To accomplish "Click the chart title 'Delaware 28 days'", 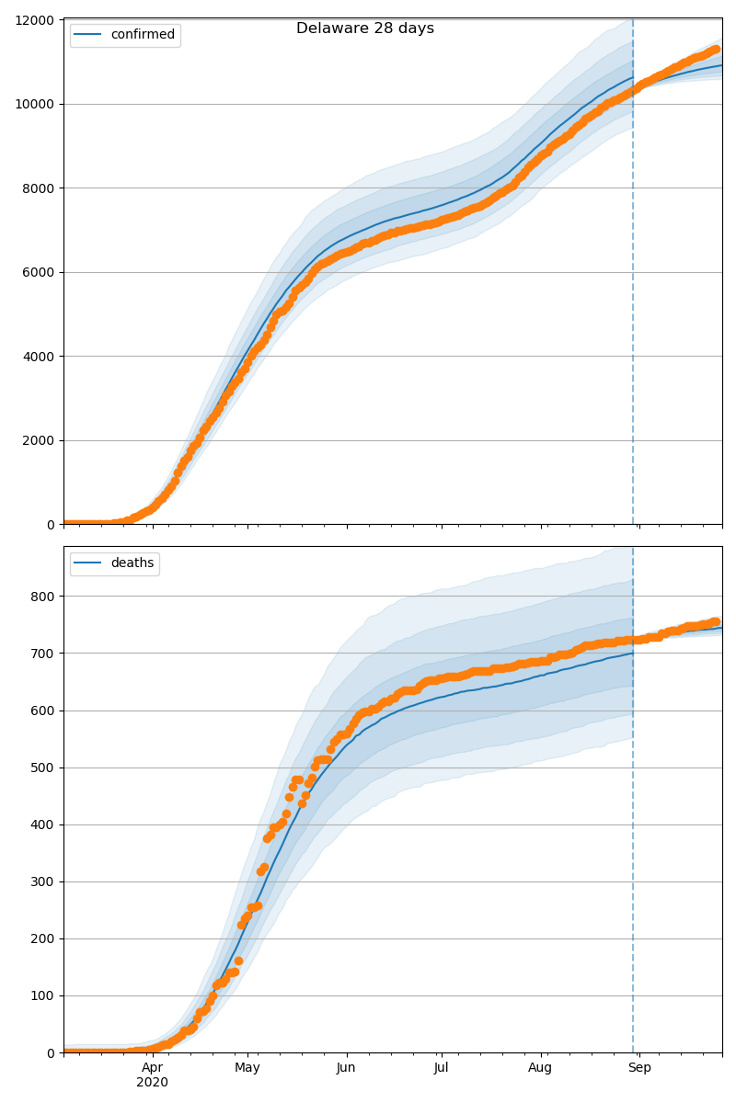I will click(x=365, y=28).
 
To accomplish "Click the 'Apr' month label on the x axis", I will click(x=153, y=1067).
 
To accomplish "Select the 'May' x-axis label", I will click(x=247, y=1067).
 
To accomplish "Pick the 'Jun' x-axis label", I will click(x=346, y=1067).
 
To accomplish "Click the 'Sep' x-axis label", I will click(x=639, y=1067).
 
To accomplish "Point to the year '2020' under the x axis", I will click(x=153, y=1082).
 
